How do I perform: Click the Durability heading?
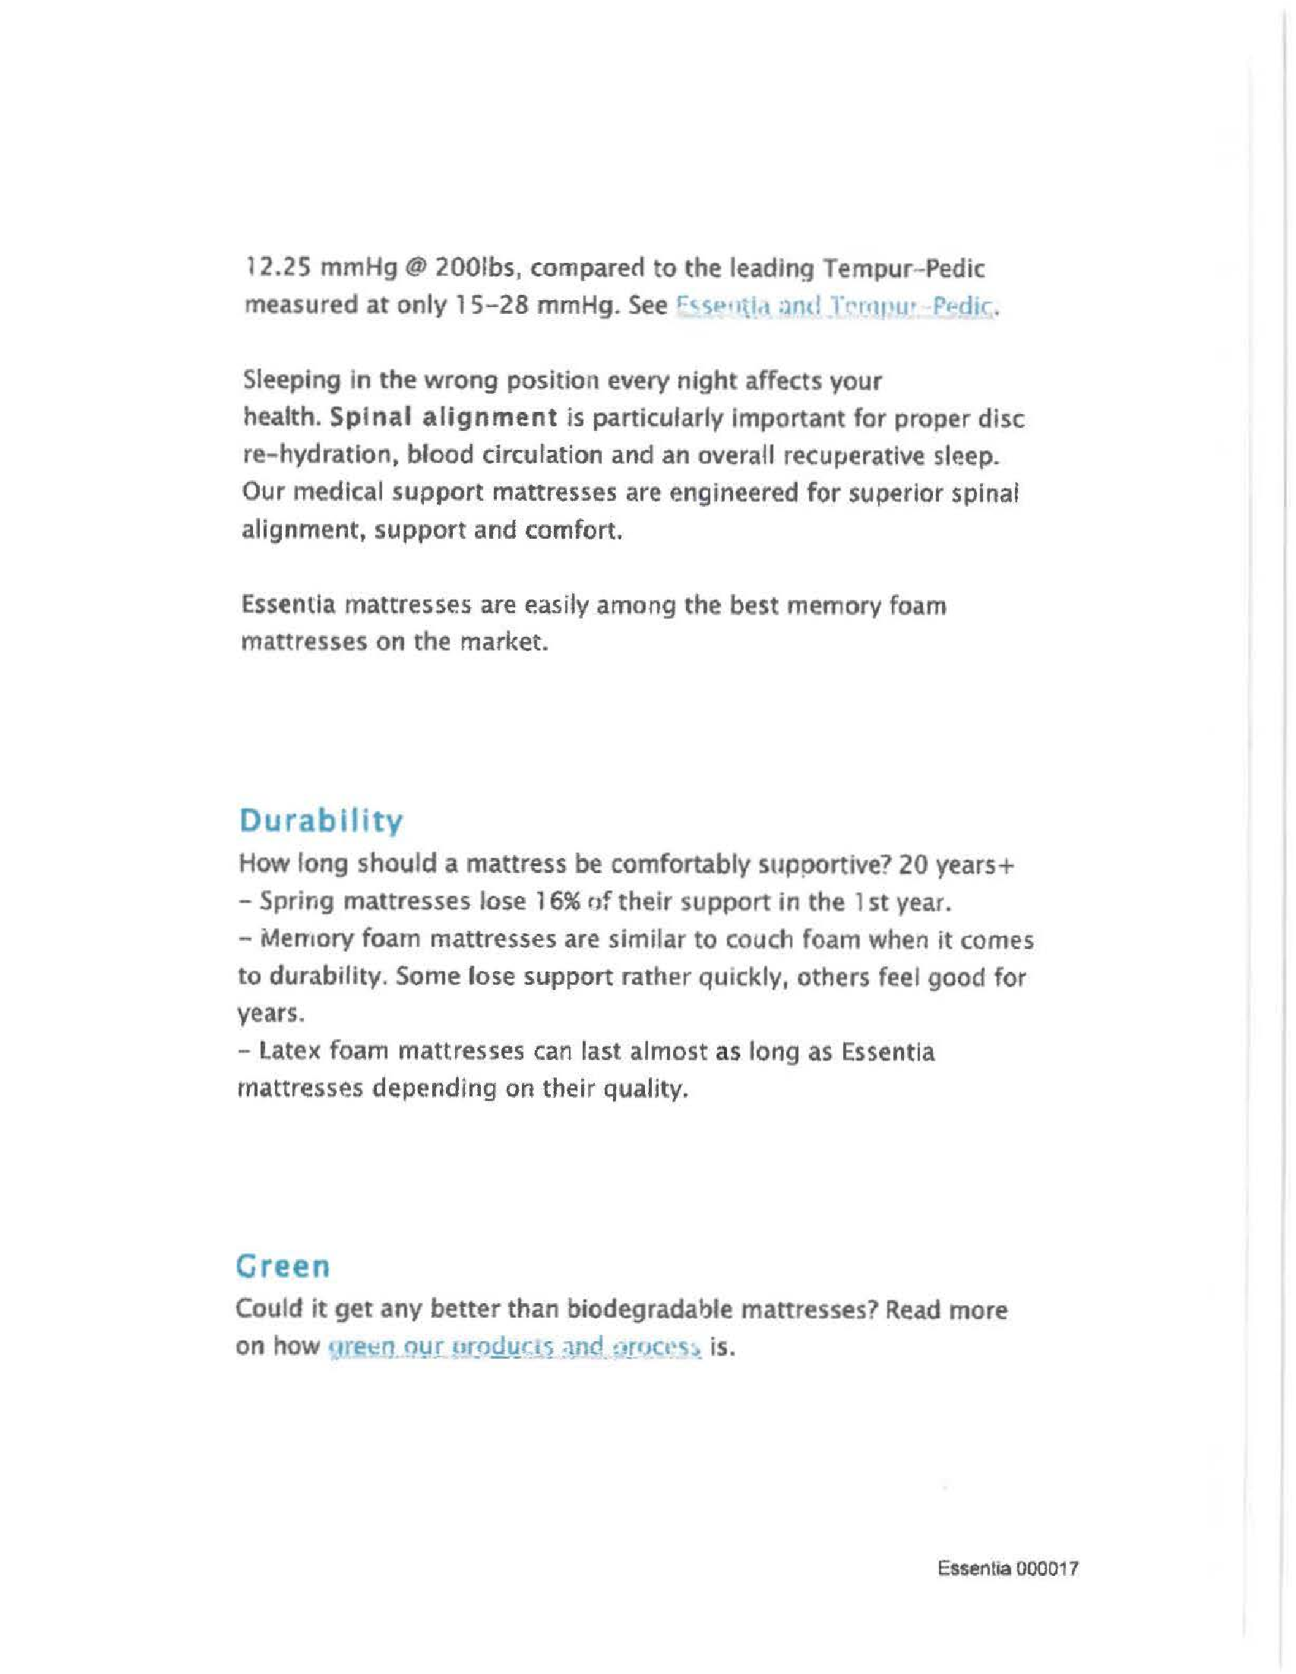point(321,821)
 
